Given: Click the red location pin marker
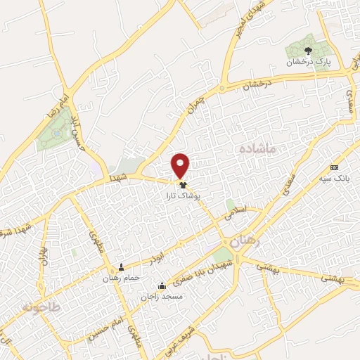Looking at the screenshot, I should (181, 165).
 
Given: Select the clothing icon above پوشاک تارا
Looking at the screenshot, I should (184, 185).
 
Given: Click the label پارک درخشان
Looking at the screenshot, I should (307, 62).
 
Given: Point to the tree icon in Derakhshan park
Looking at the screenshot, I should (308, 50).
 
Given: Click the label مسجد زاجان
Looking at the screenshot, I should (161, 297).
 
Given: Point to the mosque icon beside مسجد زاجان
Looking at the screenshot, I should (162, 285).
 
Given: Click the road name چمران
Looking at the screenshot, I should (196, 105).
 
